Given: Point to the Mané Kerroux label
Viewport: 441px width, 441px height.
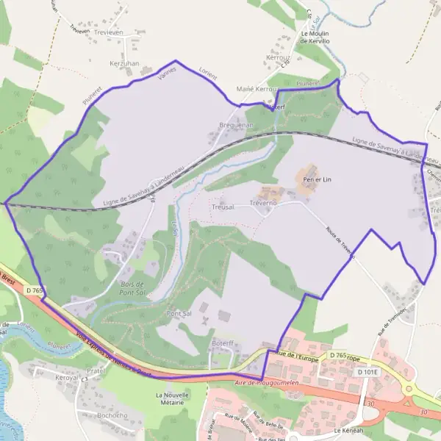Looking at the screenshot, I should (257, 89).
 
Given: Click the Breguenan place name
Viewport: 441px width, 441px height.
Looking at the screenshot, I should (236, 126).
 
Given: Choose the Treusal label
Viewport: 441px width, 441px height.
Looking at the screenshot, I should (222, 208).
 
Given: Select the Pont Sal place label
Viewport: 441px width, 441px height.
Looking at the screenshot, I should (179, 314).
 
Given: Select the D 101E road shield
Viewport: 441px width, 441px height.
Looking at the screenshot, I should (367, 373).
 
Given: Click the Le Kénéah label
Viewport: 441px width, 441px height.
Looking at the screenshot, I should (348, 430).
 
